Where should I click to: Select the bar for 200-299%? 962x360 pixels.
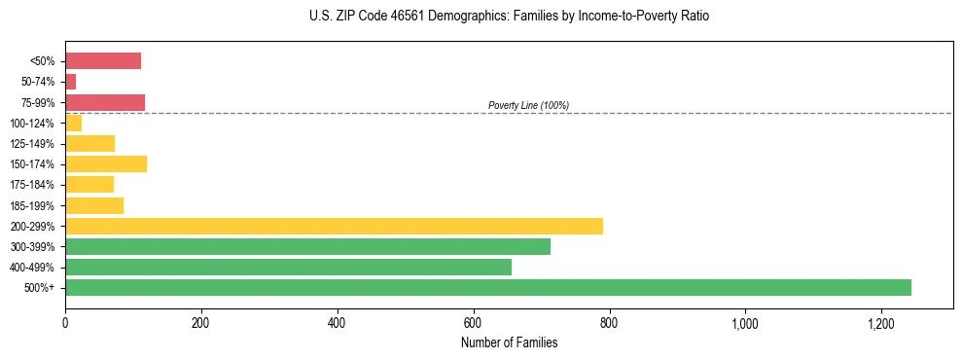[334, 226]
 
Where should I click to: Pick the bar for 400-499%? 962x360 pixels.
[288, 267]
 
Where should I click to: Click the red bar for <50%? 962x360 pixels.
[103, 61]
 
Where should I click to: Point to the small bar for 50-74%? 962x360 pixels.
[70, 82]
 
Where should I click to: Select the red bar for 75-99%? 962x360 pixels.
[105, 102]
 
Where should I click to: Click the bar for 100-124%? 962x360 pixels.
[73, 123]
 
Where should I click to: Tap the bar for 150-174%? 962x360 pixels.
[106, 163]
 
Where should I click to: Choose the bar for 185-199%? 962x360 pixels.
[94, 205]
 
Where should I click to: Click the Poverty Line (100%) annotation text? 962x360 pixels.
[528, 105]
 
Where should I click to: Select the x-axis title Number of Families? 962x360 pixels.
[509, 342]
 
